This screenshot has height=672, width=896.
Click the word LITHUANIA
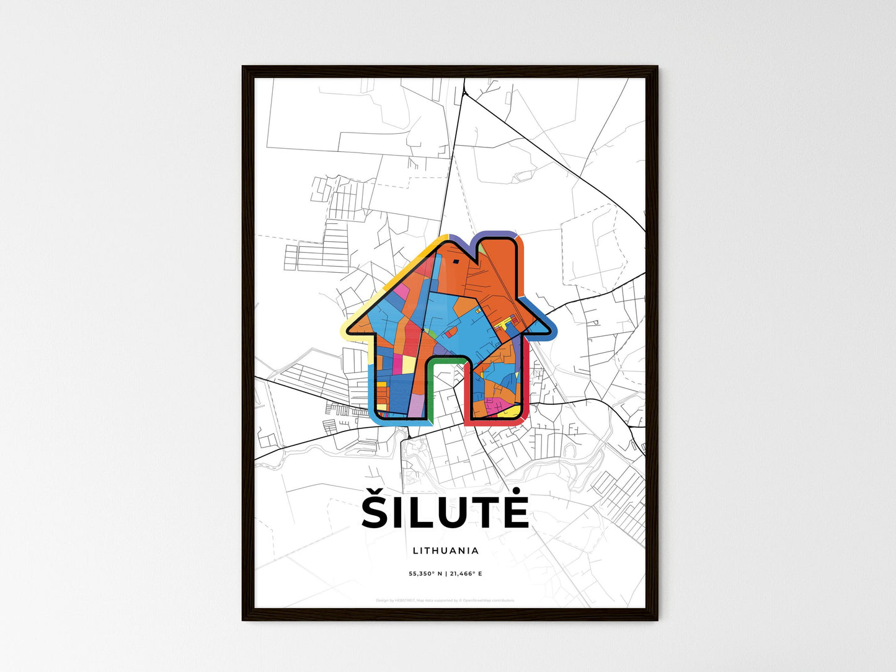coord(445,550)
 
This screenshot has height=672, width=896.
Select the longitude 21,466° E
coord(466,574)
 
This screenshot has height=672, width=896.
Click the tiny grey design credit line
coord(445,601)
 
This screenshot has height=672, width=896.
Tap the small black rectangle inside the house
coord(456,261)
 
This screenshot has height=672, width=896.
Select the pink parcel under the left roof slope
coord(402,291)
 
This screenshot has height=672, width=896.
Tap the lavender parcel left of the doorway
coord(416,406)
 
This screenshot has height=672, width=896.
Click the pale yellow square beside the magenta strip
coord(409,365)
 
